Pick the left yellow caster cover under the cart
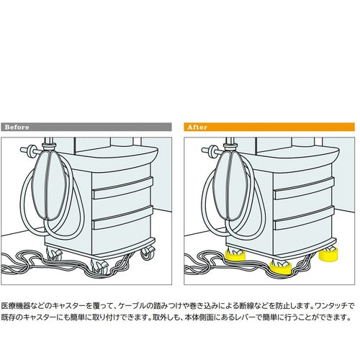(235, 253)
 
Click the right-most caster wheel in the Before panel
(148, 253)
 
